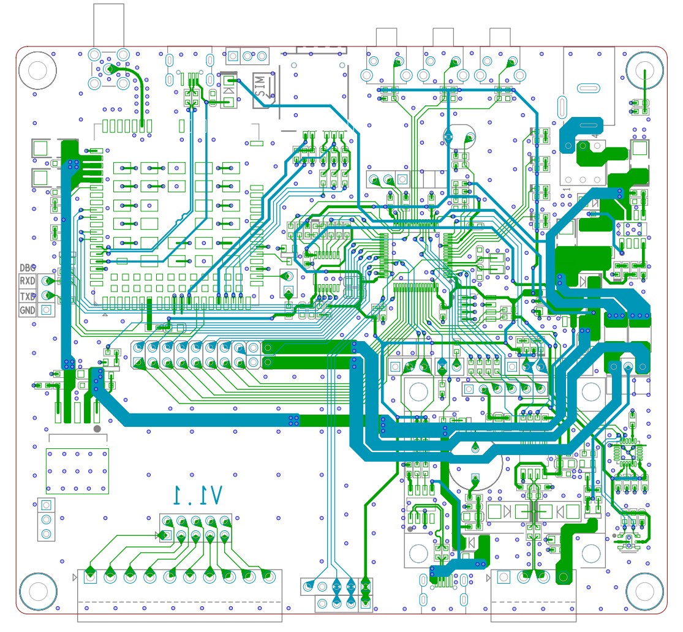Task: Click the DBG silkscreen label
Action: [x=28, y=268]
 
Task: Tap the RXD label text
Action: [x=28, y=281]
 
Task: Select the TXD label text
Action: [x=28, y=296]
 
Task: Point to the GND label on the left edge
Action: [x=28, y=310]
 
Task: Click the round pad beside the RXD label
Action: [x=46, y=281]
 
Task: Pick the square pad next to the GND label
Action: [x=46, y=310]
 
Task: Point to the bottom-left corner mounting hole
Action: [x=37, y=592]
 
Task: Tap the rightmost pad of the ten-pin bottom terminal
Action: [x=266, y=576]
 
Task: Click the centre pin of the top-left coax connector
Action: [x=110, y=69]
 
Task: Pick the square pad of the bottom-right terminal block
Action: [x=504, y=577]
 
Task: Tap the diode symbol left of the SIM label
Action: [x=228, y=87]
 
